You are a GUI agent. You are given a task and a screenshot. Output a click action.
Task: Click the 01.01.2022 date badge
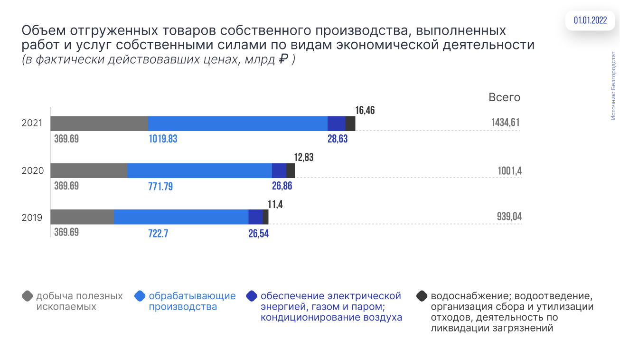[x=590, y=20]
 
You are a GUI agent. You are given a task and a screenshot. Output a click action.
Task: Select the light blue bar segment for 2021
[x=237, y=123]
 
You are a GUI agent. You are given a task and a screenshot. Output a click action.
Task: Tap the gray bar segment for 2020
[x=89, y=171]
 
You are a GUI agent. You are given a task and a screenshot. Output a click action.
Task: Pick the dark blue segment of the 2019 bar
[x=255, y=217]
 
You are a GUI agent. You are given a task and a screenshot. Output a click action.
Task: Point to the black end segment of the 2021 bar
[x=350, y=123]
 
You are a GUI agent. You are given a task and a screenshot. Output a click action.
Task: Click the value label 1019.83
[x=163, y=139]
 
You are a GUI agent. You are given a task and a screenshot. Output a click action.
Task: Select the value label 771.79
[x=160, y=186]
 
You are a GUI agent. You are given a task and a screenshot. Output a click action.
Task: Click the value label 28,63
[x=338, y=139]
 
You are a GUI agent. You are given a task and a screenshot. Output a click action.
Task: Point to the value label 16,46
[x=365, y=111]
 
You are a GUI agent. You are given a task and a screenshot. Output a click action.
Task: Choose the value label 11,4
[x=276, y=204]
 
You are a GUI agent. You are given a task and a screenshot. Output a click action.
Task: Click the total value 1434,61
[x=506, y=123]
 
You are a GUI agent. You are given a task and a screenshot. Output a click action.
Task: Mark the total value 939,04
[x=507, y=217]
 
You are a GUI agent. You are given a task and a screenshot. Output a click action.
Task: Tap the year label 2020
[x=33, y=171]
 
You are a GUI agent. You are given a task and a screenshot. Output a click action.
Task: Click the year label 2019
[x=32, y=218]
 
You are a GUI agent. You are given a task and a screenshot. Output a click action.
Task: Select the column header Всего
[x=505, y=97]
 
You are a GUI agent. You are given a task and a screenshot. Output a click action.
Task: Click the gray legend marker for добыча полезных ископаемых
[x=28, y=296]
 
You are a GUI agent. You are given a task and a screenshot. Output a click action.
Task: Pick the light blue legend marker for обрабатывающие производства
[x=140, y=296]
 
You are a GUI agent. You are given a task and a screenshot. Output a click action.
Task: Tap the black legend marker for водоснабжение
[x=422, y=296]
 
